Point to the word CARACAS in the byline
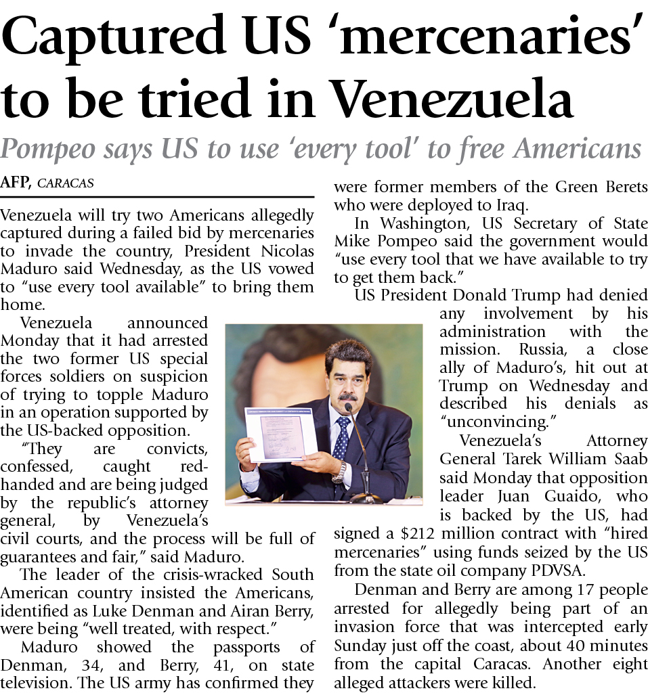[x=66, y=183]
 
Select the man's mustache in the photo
[x=347, y=396]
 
